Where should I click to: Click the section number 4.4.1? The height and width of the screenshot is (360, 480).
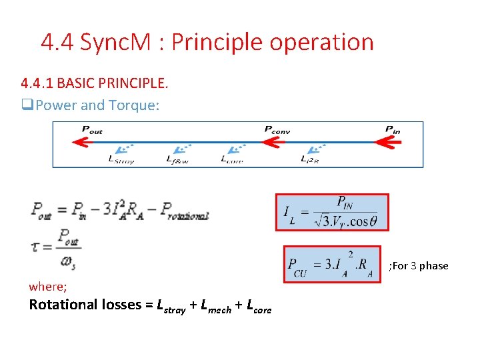[x=37, y=84]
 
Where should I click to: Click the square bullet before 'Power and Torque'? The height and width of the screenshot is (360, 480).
[x=27, y=105]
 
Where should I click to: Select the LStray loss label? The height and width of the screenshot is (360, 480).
[x=121, y=159]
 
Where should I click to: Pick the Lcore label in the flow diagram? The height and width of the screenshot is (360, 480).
[x=232, y=159]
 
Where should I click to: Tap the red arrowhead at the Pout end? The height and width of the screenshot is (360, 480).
[x=81, y=141]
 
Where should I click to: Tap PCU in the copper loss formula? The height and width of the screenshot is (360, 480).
[x=298, y=267]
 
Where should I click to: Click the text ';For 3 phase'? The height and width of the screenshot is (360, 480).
[x=418, y=266]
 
